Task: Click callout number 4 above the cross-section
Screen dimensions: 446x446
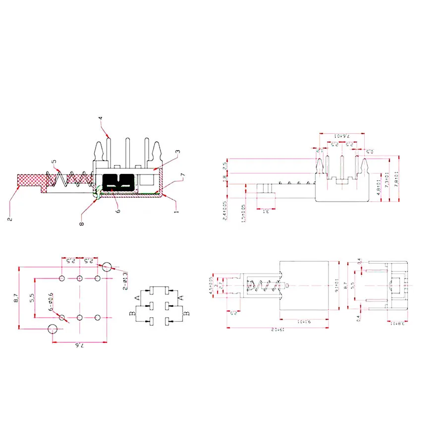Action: [x=100, y=118]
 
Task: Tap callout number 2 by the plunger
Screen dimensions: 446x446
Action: [x=9, y=218]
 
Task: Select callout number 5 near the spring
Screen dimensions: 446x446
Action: [x=55, y=161]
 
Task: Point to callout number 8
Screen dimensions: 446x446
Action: [x=82, y=223]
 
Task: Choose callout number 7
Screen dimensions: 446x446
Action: [x=183, y=175]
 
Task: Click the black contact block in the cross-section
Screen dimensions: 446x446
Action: [x=118, y=182]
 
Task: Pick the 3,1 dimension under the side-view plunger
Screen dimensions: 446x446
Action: [x=266, y=212]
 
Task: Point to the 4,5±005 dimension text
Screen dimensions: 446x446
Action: [x=212, y=286]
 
